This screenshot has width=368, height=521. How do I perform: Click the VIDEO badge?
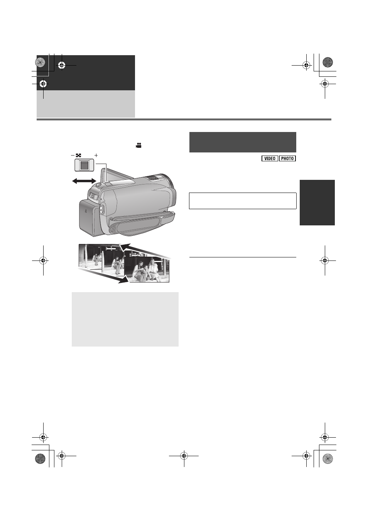coord(270,158)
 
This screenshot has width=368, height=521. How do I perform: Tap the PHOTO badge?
coord(287,158)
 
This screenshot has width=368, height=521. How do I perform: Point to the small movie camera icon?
coord(138,145)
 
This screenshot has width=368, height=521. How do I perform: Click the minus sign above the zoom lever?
coord(73,155)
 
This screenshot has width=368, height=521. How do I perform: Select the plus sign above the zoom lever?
coord(96,155)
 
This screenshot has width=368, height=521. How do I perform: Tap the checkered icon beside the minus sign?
coord(78,155)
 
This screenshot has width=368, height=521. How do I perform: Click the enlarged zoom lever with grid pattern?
coord(84,165)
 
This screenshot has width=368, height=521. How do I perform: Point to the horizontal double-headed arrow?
coord(84,181)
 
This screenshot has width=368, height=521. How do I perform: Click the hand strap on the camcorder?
coord(142,222)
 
